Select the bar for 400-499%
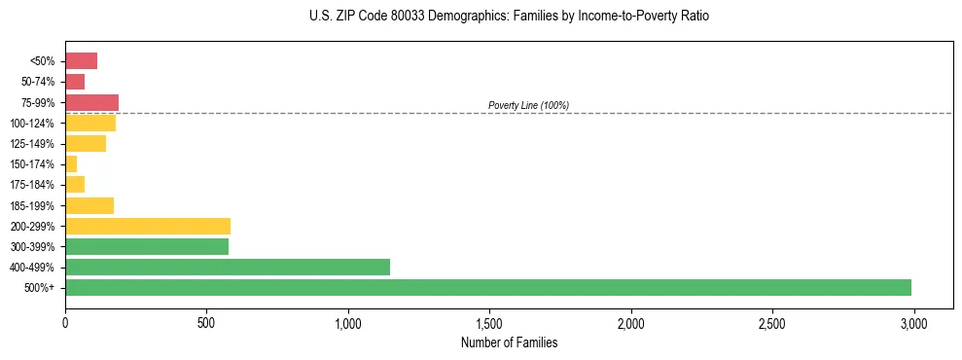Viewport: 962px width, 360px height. point(228,267)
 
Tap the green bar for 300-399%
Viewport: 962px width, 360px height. point(147,246)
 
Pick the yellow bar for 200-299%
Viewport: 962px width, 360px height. point(148,226)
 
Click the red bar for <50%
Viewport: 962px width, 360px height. point(81,61)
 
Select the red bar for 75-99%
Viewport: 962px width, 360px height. point(91,102)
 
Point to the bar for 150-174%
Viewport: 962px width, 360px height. point(71,164)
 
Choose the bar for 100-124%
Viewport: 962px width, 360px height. point(90,123)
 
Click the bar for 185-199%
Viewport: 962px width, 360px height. point(89,205)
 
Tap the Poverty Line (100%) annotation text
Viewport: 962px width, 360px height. point(528,105)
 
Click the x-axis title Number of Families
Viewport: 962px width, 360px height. point(509,342)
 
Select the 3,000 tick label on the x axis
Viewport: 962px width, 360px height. point(913,321)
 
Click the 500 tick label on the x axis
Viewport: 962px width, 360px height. point(206,321)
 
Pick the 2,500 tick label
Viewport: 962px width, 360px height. point(771,321)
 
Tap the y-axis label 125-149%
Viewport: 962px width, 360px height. point(32,144)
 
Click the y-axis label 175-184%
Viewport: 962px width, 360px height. point(32,185)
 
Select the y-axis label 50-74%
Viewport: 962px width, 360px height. point(36,82)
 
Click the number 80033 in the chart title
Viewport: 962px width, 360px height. point(386,17)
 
